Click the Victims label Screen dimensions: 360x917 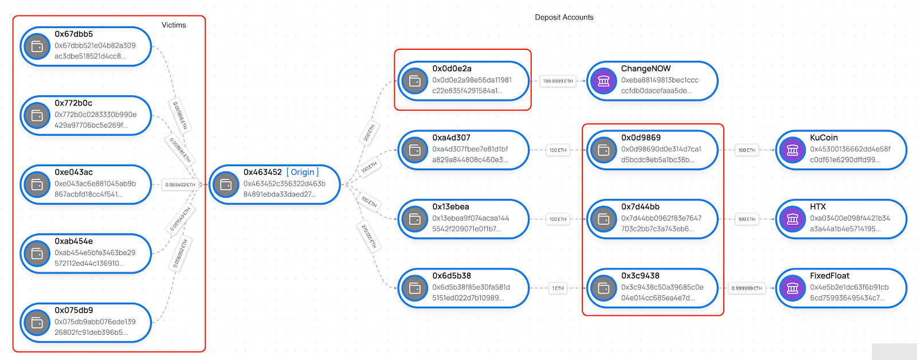(x=174, y=25)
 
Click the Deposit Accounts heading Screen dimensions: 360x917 (x=564, y=17)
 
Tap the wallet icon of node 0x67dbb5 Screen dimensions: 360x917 (x=37, y=46)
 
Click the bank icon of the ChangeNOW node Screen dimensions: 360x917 (x=604, y=81)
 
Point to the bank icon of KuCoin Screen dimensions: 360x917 (x=793, y=150)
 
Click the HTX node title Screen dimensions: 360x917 (x=818, y=206)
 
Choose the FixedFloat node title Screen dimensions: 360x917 (x=829, y=276)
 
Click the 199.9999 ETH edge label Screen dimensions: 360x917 (x=558, y=81)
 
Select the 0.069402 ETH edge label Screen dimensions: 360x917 (x=180, y=185)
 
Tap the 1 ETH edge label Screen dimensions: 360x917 (x=558, y=288)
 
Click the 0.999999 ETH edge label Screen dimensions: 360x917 (x=747, y=288)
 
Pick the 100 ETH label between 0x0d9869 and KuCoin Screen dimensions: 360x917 (x=747, y=150)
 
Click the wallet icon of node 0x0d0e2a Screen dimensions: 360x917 (x=415, y=81)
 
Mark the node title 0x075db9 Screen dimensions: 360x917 (x=73, y=310)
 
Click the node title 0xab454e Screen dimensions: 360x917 (x=73, y=241)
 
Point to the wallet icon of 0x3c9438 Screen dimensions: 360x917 (x=604, y=288)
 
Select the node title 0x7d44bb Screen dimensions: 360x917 (x=640, y=206)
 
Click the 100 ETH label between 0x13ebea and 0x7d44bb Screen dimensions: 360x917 (x=558, y=219)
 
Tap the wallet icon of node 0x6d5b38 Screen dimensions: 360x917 (x=415, y=288)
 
